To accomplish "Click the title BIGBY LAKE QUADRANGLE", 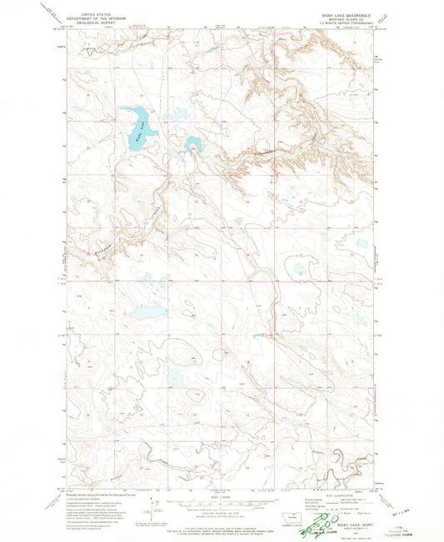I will pyautogui.click(x=342, y=14).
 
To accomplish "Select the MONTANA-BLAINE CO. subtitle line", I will pyautogui.click(x=342, y=19).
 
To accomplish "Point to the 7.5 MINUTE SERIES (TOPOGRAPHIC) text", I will pyautogui.click(x=342, y=23).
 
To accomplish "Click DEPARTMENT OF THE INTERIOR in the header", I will pyautogui.click(x=97, y=18).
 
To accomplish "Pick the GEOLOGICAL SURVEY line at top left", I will pyautogui.click(x=97, y=23).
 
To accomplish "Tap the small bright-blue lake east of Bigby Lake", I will pyautogui.click(x=192, y=145).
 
